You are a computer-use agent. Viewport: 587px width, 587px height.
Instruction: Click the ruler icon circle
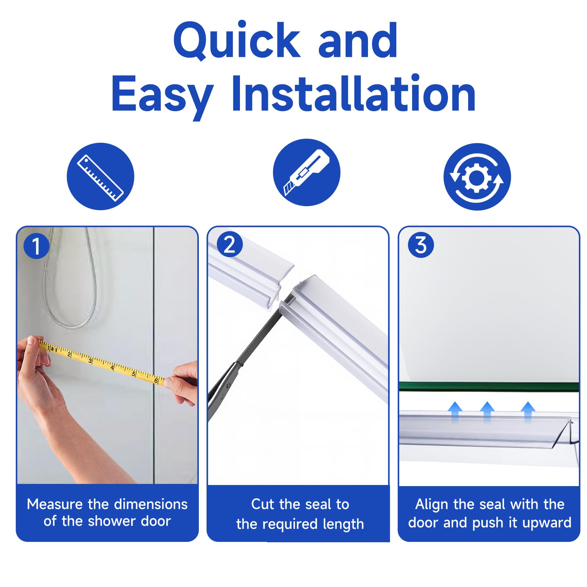(101, 176)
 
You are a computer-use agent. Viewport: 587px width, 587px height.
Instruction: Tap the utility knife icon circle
(307, 172)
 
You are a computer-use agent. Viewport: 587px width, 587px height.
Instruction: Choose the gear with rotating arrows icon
(477, 177)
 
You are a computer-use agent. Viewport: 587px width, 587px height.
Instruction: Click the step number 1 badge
(36, 246)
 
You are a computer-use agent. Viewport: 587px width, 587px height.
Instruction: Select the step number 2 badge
(229, 244)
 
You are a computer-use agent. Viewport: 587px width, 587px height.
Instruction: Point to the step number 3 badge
(421, 245)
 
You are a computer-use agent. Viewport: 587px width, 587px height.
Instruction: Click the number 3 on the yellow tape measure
(90, 361)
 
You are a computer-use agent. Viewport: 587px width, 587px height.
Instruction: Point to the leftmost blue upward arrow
(455, 411)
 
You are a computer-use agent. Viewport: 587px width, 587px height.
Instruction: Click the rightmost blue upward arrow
(528, 411)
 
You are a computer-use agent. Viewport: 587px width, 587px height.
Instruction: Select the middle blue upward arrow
(487, 411)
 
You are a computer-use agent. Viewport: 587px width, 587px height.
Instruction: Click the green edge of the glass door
(489, 386)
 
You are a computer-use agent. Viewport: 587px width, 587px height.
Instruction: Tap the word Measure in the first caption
(55, 504)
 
